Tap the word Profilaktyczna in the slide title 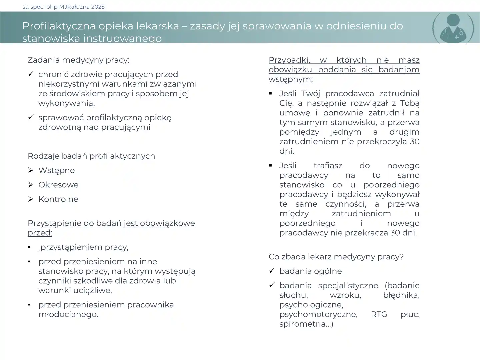pyautogui.click(x=54, y=26)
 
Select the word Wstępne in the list pyautogui.click(x=56, y=170)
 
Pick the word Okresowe pyautogui.click(x=58, y=185)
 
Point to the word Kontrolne pyautogui.click(x=58, y=199)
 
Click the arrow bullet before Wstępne pyautogui.click(x=31, y=170)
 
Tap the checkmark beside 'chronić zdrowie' pyautogui.click(x=31, y=74)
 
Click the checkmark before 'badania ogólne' pyautogui.click(x=272, y=271)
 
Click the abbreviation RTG pyautogui.click(x=379, y=314)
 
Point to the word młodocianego pyautogui.click(x=68, y=314)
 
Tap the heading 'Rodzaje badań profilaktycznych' pyautogui.click(x=91, y=156)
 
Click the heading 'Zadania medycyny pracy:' pyautogui.click(x=78, y=60)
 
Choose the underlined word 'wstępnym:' pyautogui.click(x=291, y=79)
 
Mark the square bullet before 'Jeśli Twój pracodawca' pyautogui.click(x=271, y=94)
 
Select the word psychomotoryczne pyautogui.click(x=318, y=314)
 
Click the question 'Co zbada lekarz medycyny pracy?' pyautogui.click(x=336, y=257)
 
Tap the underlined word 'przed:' pyautogui.click(x=40, y=233)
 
